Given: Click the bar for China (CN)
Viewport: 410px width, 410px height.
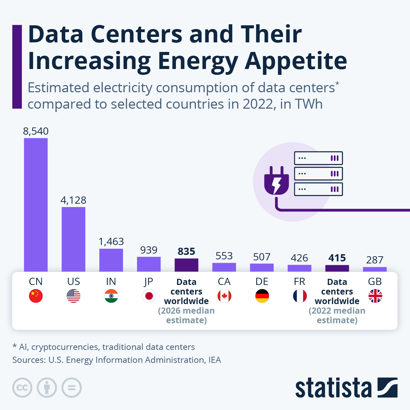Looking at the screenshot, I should (36, 205).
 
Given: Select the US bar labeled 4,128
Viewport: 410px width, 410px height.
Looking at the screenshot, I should (73, 239).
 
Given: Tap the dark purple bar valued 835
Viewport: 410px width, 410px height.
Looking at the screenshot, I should (186, 265).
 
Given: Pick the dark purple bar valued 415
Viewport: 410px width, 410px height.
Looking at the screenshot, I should (337, 269).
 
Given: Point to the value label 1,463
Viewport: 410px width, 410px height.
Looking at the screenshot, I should (111, 242).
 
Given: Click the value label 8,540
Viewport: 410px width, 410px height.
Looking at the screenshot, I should (36, 131).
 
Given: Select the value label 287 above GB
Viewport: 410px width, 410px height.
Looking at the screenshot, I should (374, 260).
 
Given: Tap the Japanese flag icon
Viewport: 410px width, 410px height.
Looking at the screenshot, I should (149, 296).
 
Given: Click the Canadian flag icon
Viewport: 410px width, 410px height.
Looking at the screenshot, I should (224, 296).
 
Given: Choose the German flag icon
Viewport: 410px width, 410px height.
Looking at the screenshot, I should (262, 296).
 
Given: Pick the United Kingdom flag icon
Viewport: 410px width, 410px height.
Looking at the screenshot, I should (375, 296).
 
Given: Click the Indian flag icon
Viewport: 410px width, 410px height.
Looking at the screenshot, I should (111, 296).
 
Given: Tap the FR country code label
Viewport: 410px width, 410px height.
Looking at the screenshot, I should (299, 282).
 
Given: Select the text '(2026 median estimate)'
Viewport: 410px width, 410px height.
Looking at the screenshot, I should (186, 315).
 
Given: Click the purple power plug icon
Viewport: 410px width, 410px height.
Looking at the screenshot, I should (276, 180).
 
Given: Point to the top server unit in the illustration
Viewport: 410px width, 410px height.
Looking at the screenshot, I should (318, 158).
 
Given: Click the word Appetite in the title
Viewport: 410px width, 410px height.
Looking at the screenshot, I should (296, 61).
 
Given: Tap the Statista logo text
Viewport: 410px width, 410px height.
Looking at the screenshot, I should (333, 388).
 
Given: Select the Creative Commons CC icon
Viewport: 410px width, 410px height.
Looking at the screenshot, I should (22, 388).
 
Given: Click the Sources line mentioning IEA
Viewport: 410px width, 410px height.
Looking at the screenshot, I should (117, 360).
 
